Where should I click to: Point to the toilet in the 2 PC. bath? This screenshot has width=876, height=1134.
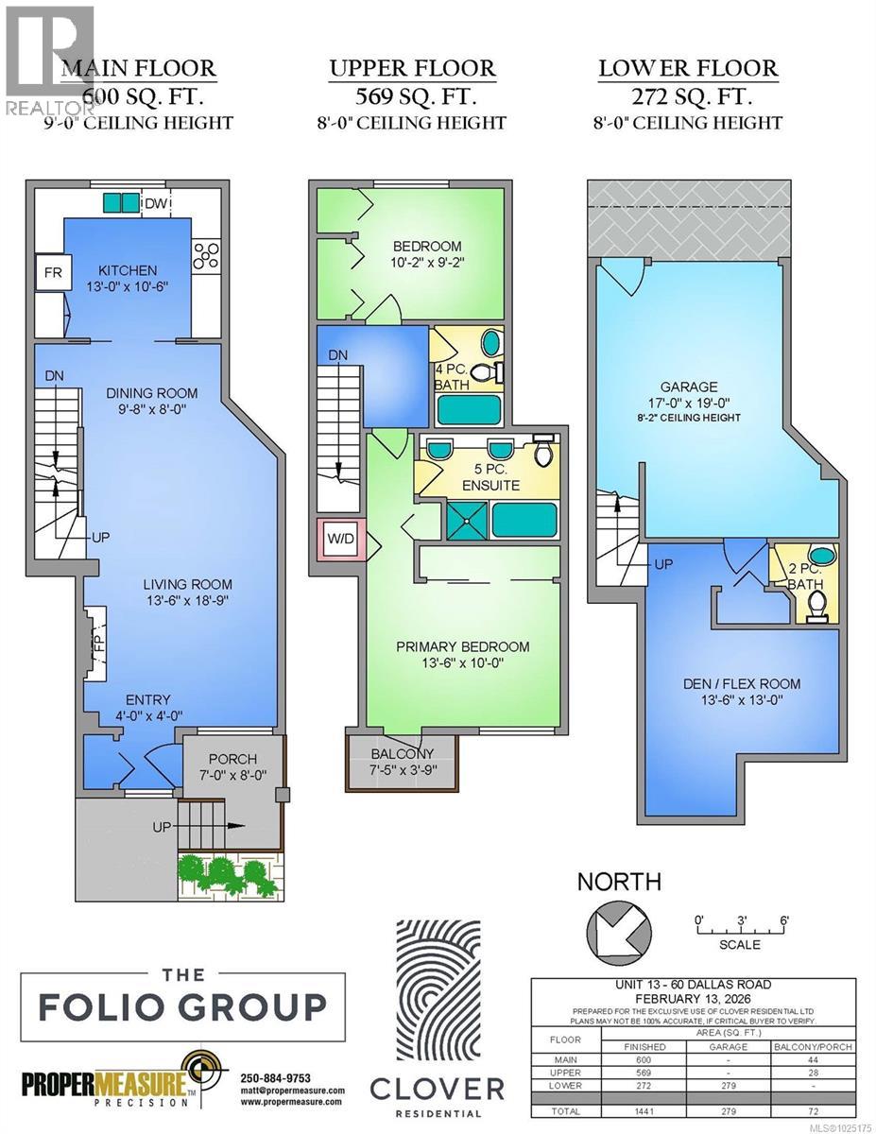[818, 604]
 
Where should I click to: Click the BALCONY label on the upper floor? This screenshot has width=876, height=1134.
[403, 753]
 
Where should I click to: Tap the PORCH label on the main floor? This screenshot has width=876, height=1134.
[232, 759]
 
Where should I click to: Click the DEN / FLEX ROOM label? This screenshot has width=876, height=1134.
[743, 683]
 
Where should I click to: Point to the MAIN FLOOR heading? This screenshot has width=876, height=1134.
[138, 69]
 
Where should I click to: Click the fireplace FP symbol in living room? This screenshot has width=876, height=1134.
[96, 644]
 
